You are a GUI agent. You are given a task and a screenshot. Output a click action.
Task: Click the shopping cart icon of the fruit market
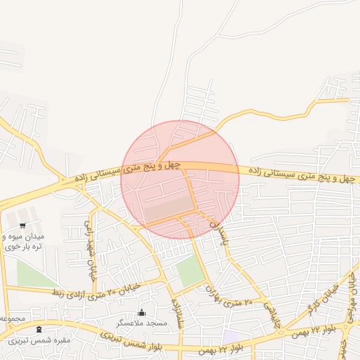click(22, 226)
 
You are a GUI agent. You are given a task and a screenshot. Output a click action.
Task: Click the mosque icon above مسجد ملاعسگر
click(141, 313)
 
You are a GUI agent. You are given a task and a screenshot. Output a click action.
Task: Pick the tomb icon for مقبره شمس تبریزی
click(39, 329)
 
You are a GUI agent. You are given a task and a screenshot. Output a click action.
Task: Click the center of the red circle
click(180, 179)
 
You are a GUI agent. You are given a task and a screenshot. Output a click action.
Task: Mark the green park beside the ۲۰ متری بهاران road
click(188, 271)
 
